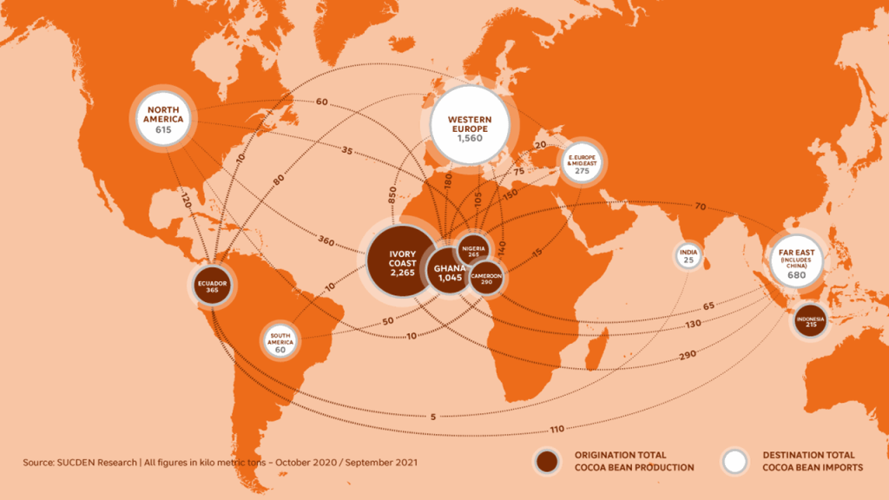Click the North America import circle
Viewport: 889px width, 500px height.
pyautogui.click(x=162, y=118)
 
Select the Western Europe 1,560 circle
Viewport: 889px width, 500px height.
pyautogui.click(x=469, y=126)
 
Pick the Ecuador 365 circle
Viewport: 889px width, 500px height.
pyautogui.click(x=212, y=286)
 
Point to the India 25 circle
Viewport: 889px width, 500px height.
pyautogui.click(x=688, y=256)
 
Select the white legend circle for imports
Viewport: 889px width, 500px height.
pyautogui.click(x=735, y=461)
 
